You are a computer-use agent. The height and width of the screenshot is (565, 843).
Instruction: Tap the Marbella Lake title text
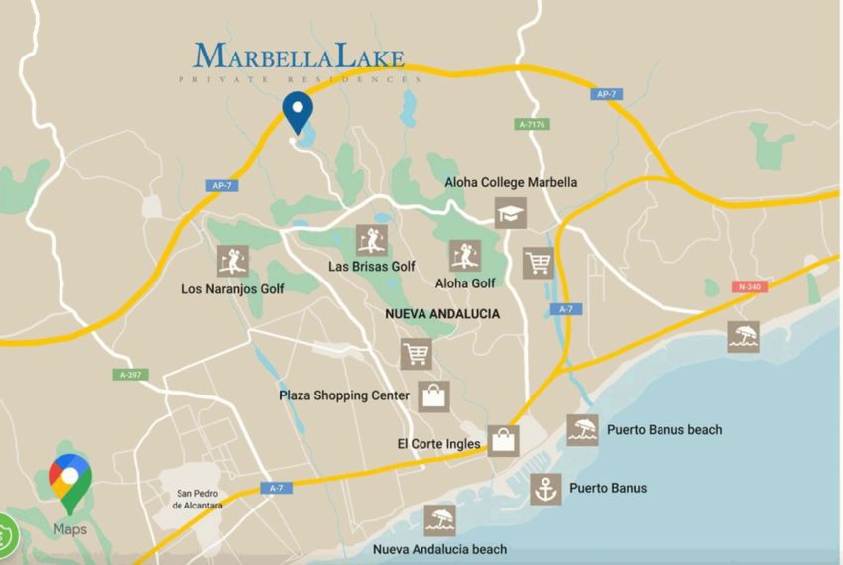tap(300, 56)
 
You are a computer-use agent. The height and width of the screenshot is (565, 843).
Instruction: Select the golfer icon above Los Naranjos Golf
tap(232, 261)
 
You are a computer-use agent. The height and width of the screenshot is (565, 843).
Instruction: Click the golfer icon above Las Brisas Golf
tap(371, 239)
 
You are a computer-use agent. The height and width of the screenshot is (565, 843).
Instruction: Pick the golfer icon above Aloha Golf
tap(464, 255)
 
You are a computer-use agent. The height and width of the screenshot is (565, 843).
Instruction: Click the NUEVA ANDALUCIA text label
tap(442, 313)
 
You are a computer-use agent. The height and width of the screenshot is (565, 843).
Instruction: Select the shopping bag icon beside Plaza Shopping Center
tap(434, 395)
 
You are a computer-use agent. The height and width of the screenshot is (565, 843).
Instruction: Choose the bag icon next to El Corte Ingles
tap(503, 440)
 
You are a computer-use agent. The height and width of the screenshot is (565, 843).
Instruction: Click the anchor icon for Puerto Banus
tap(544, 489)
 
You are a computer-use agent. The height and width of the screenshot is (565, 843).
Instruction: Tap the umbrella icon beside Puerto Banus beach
tap(583, 430)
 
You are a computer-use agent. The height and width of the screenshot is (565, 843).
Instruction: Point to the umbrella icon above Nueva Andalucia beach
tap(439, 520)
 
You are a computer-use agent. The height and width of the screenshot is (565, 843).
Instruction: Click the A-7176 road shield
tap(533, 124)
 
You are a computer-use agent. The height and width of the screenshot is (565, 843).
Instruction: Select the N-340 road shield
tap(750, 286)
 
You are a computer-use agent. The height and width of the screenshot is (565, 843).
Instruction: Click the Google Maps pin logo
tap(70, 482)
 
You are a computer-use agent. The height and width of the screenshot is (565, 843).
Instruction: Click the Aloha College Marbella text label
tap(511, 182)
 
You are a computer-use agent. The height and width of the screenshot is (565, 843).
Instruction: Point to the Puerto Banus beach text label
tap(664, 430)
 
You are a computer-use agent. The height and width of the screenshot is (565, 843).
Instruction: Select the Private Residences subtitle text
tap(300, 79)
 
